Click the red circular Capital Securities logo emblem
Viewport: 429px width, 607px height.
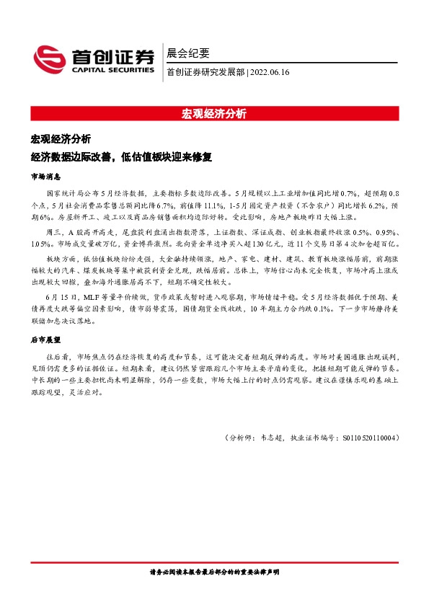[x=50, y=59]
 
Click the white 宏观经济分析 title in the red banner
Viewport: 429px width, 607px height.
[x=214, y=113]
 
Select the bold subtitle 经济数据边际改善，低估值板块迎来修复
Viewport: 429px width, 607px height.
[x=123, y=156]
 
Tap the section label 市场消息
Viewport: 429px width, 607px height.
[x=46, y=176]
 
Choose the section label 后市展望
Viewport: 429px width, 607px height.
[x=46, y=339]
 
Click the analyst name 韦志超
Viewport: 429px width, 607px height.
[x=274, y=437]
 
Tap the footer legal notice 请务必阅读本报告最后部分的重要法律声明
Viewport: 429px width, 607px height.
[x=214, y=572]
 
